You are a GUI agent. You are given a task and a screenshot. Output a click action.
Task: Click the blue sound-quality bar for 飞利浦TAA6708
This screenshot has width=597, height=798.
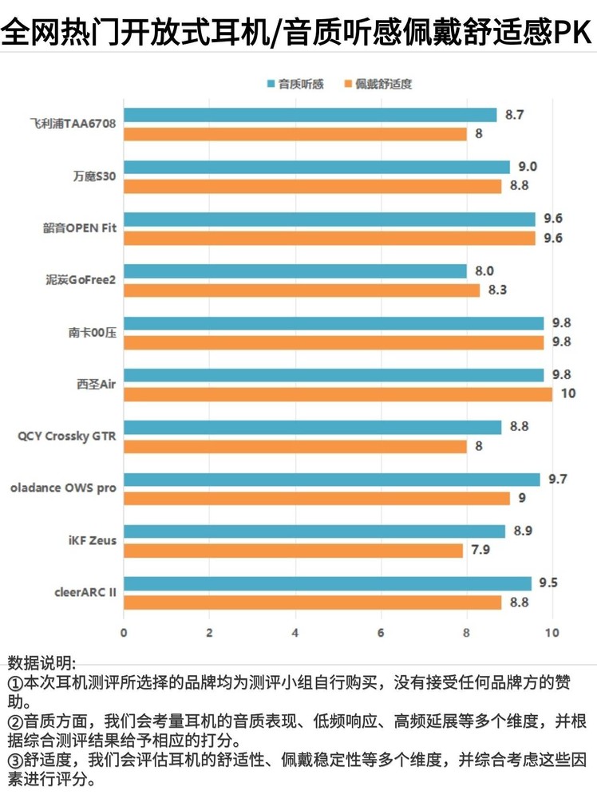tap(310, 115)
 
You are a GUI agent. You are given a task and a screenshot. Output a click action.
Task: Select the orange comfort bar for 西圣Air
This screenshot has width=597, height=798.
tap(338, 394)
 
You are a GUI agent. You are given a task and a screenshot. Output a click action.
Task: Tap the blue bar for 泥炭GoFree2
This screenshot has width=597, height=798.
tap(295, 271)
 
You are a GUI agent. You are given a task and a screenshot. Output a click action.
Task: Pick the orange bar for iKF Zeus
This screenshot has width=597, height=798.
tap(293, 551)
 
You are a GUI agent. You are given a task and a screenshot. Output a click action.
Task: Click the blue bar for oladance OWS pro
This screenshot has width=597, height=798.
tap(331, 480)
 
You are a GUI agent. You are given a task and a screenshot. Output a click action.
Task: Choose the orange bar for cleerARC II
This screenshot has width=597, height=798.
tap(312, 602)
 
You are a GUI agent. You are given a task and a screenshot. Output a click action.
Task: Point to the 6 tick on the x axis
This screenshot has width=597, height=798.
tap(381, 633)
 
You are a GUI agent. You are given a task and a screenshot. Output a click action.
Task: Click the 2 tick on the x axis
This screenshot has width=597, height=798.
tap(209, 633)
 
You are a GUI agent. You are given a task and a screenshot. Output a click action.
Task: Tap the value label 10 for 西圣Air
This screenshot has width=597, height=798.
tap(567, 394)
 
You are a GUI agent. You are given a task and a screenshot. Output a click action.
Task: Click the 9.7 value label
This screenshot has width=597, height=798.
tap(558, 479)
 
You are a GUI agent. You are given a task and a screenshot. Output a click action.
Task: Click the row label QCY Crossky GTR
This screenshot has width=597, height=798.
tap(67, 436)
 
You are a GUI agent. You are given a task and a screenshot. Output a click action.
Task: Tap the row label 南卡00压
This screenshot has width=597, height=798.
tap(92, 333)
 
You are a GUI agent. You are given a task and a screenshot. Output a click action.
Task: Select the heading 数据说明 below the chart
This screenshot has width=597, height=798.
tap(42, 663)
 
